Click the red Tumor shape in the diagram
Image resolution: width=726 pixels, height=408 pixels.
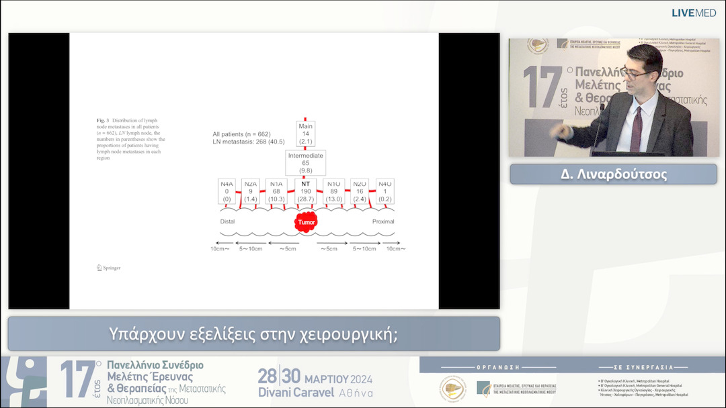(306, 221)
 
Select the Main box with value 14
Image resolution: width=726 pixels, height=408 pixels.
(306, 134)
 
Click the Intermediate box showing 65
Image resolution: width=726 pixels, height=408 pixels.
(306, 163)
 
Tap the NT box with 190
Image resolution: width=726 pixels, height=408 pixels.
(306, 191)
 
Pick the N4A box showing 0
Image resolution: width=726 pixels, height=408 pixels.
(227, 191)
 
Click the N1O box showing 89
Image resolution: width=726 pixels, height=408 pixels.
(334, 191)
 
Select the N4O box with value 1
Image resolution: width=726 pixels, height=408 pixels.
(385, 191)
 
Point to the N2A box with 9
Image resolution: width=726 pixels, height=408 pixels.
(251, 191)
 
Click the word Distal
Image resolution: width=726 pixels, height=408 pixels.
(228, 221)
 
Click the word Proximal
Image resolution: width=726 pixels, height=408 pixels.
(383, 221)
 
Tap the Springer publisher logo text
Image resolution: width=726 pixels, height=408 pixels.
(108, 268)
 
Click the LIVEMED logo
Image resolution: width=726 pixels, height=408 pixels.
(694, 13)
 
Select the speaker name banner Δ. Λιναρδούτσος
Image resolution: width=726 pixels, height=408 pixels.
(613, 174)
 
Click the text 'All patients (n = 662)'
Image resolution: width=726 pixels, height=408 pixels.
(241, 134)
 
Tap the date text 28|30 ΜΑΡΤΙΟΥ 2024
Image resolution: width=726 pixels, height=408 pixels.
(315, 376)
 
